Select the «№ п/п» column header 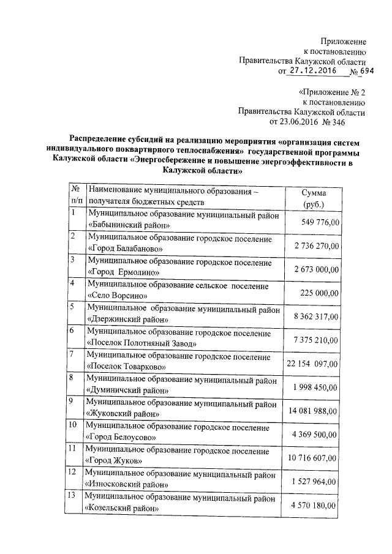[x=77, y=195]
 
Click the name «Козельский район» [x=124, y=507]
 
